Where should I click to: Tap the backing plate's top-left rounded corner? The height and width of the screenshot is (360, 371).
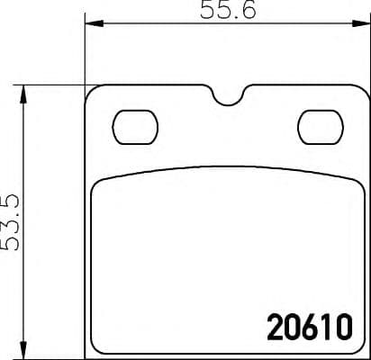tap(91, 93)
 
